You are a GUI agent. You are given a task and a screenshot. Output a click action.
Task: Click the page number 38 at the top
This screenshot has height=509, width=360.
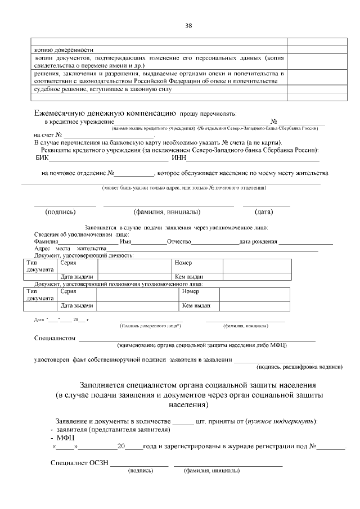click(x=188, y=25)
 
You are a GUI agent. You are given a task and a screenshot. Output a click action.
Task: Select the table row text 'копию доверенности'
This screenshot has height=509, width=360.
click(x=64, y=49)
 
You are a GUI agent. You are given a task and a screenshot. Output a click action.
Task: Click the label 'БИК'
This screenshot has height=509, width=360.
click(x=42, y=158)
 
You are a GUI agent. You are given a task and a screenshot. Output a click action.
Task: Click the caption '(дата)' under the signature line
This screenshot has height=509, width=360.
click(x=264, y=212)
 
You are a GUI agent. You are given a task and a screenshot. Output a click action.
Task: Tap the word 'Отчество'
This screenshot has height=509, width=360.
click(x=179, y=241)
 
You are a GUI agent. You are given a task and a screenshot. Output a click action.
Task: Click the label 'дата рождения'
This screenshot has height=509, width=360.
click(x=258, y=241)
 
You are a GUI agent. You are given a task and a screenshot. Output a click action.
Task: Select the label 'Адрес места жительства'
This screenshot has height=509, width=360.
click(x=70, y=249)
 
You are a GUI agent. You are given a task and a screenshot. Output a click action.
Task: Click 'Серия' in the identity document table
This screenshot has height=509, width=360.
click(x=68, y=263)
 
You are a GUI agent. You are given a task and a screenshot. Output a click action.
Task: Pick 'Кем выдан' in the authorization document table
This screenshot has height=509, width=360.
click(x=196, y=306)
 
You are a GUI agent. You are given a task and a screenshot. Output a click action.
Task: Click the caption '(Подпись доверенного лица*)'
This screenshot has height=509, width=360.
click(x=150, y=326)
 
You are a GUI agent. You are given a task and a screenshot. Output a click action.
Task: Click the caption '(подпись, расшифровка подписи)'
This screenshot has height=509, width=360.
click(x=299, y=366)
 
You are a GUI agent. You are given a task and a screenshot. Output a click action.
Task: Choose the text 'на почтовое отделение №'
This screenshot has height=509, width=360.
click(x=78, y=173)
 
